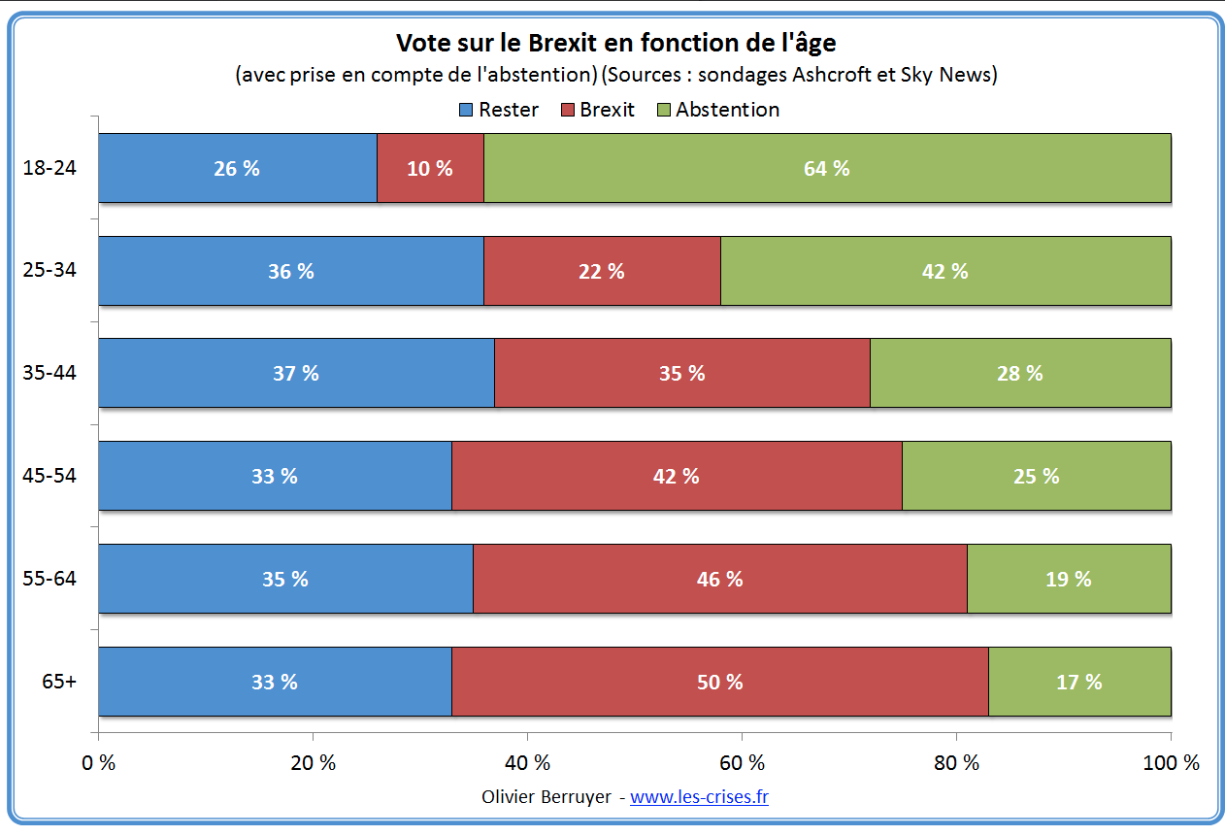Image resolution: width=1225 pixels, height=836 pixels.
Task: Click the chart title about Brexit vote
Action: click(x=615, y=44)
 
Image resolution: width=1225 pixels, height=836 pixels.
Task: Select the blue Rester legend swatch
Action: click(x=466, y=110)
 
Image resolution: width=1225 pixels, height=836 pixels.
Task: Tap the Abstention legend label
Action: click(x=727, y=110)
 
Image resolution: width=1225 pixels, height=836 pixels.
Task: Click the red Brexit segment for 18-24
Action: click(x=430, y=168)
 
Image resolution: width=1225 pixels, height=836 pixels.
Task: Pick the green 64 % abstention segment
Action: click(x=826, y=168)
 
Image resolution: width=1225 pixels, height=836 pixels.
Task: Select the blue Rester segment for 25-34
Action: click(x=291, y=271)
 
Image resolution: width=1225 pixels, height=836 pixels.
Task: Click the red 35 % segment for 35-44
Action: click(x=681, y=373)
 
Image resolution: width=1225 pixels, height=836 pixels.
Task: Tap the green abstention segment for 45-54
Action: click(x=1036, y=476)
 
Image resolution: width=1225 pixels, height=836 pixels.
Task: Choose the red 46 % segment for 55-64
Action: click(x=719, y=579)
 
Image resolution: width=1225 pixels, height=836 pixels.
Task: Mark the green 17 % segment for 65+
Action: click(x=1078, y=682)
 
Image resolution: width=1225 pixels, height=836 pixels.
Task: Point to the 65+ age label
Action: click(x=59, y=682)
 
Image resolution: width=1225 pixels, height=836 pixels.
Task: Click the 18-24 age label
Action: click(x=50, y=168)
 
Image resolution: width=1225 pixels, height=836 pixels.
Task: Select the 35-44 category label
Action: click(x=50, y=373)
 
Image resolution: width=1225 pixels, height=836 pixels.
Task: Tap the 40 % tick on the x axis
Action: click(x=528, y=763)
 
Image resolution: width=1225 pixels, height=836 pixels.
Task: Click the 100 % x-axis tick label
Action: click(x=1171, y=763)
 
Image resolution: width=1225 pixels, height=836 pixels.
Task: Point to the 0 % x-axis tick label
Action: click(x=99, y=763)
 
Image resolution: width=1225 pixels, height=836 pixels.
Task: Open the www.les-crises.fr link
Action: click(x=699, y=797)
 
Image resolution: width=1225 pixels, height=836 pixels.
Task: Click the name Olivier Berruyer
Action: click(x=546, y=797)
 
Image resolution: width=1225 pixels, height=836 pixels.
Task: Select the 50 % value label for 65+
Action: click(x=719, y=682)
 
